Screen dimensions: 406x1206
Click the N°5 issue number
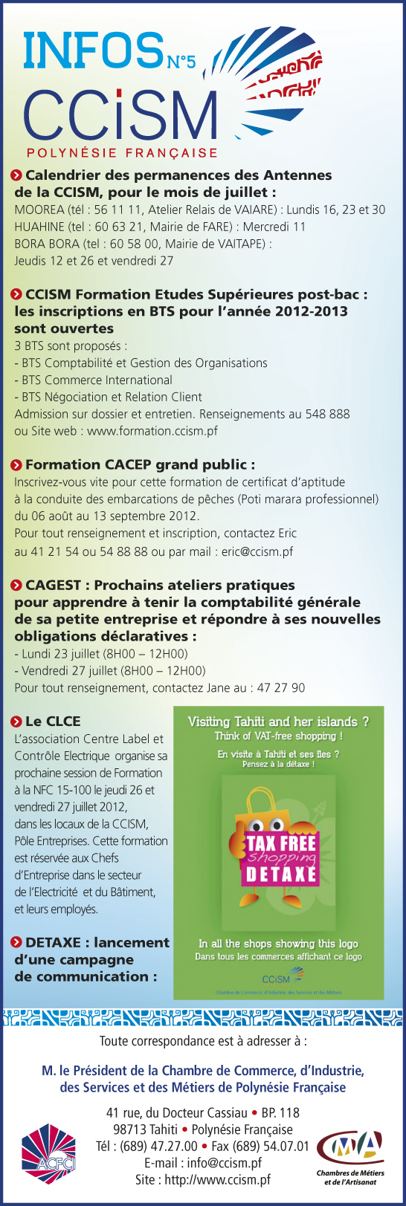(181, 62)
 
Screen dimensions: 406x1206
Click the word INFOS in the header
(92, 51)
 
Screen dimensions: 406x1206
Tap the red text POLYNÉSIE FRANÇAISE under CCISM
(122, 153)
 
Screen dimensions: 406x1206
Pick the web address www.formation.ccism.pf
(152, 431)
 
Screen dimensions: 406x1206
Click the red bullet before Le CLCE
(17, 722)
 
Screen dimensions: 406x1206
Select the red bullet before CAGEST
(17, 586)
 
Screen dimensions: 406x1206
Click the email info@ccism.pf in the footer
(224, 1163)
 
